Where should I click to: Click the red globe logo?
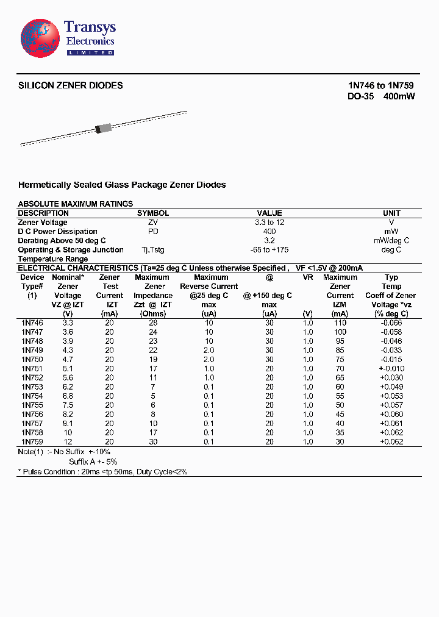point(40,38)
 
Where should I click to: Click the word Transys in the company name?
point(90,27)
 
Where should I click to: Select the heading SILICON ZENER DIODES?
point(71,85)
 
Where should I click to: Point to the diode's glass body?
point(104,128)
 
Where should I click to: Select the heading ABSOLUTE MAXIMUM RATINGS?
point(76,204)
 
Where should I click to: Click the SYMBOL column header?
point(152,213)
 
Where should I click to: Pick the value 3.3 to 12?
point(269,223)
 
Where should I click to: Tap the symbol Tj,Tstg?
point(152,250)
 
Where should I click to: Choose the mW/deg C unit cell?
point(391,241)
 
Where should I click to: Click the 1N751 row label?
point(32,369)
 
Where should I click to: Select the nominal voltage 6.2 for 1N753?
point(68,387)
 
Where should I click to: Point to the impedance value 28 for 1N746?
point(153,323)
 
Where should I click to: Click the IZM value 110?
point(340,323)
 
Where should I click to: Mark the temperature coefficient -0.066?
point(391,323)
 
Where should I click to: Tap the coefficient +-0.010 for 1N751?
point(391,369)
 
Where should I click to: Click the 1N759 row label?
point(32,442)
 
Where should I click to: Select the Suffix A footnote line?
point(92,462)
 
